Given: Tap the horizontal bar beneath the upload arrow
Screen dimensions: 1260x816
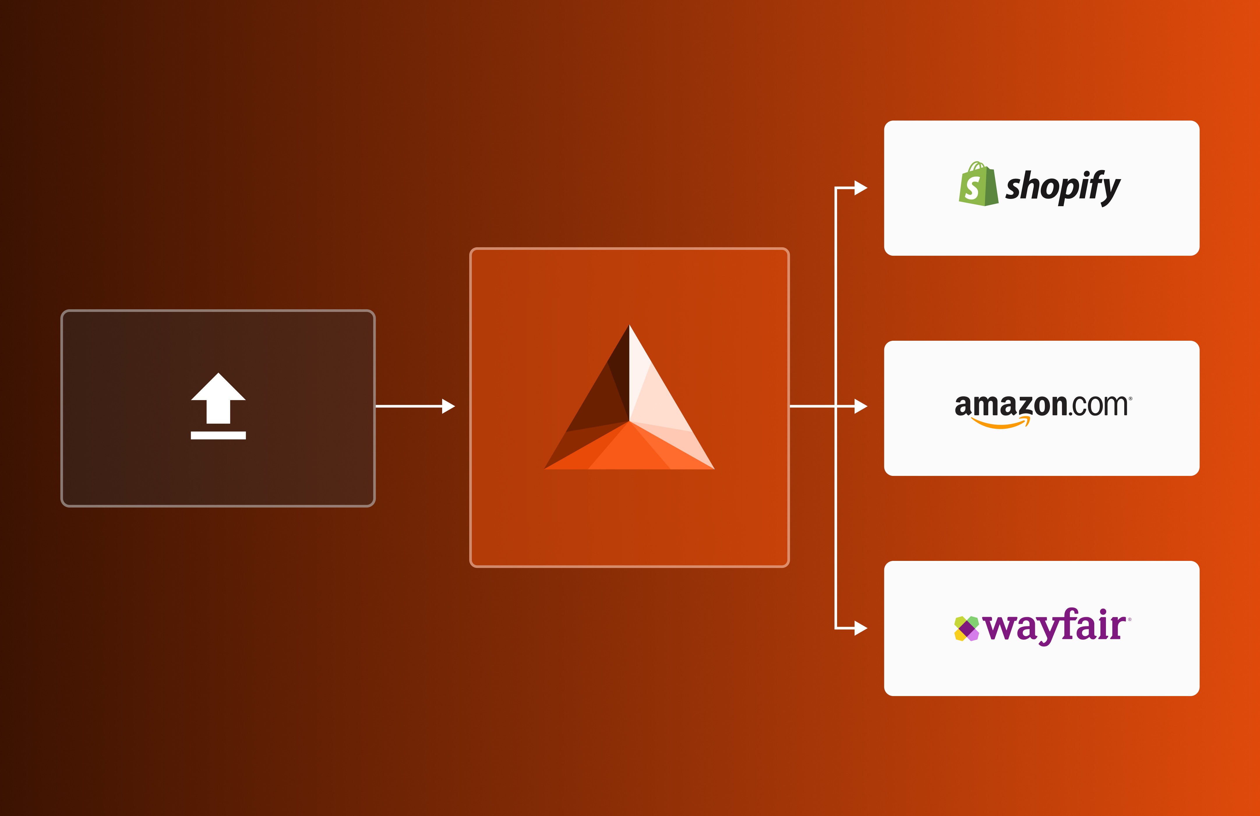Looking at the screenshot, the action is coord(218,435).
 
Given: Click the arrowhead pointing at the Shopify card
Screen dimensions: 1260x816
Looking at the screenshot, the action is coord(860,188).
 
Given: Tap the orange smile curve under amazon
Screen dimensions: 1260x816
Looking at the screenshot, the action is coord(1000,423).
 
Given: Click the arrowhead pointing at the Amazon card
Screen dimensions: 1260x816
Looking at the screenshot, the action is coord(860,407).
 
